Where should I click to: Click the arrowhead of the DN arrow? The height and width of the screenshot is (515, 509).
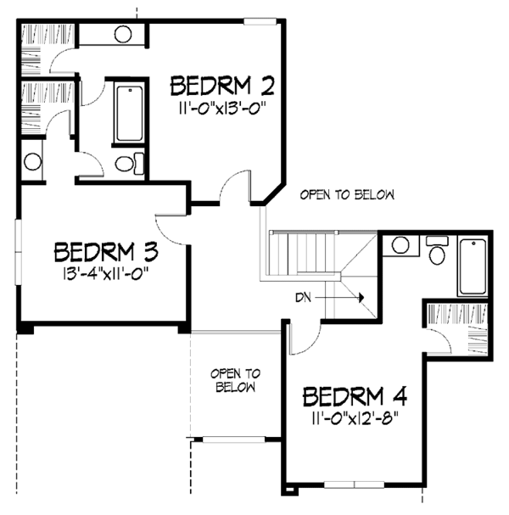pos(361,298)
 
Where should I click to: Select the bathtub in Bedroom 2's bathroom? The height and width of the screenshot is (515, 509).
pos(130,113)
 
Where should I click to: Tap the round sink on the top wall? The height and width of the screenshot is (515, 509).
pos(123,35)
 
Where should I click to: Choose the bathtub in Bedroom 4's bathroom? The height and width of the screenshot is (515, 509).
pos(471,267)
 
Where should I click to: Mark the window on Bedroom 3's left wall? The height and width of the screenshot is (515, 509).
pos(17,253)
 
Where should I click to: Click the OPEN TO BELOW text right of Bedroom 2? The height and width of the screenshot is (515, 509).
pos(348,195)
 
